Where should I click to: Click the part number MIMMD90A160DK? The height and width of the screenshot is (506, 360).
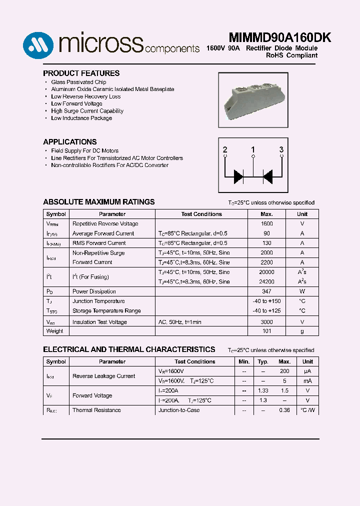point(280,38)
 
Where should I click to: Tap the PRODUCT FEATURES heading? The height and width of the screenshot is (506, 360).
point(81,73)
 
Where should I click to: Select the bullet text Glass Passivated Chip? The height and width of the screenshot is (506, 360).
point(78,82)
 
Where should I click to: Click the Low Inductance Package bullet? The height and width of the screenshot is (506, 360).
point(81,118)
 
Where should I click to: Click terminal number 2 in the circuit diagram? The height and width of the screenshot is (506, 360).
point(225,150)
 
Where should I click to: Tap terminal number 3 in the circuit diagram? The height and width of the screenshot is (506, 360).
point(281,150)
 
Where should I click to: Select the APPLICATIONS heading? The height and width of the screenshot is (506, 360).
point(69,142)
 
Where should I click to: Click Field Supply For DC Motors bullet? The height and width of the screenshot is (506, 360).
point(84,150)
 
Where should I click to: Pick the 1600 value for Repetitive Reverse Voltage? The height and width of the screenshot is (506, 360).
point(266,224)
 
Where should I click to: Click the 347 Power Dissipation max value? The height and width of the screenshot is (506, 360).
point(266,291)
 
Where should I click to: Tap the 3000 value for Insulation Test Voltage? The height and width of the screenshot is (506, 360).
point(266,322)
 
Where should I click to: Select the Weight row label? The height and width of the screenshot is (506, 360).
point(54,331)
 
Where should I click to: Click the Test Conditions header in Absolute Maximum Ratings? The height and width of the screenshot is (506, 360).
point(201,214)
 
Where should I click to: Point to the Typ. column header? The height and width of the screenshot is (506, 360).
point(262,361)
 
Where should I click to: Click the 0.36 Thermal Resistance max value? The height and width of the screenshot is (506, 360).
point(284,410)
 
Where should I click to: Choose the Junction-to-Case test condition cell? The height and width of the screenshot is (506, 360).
point(178,410)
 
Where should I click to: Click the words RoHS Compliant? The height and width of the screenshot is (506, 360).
point(291,55)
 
